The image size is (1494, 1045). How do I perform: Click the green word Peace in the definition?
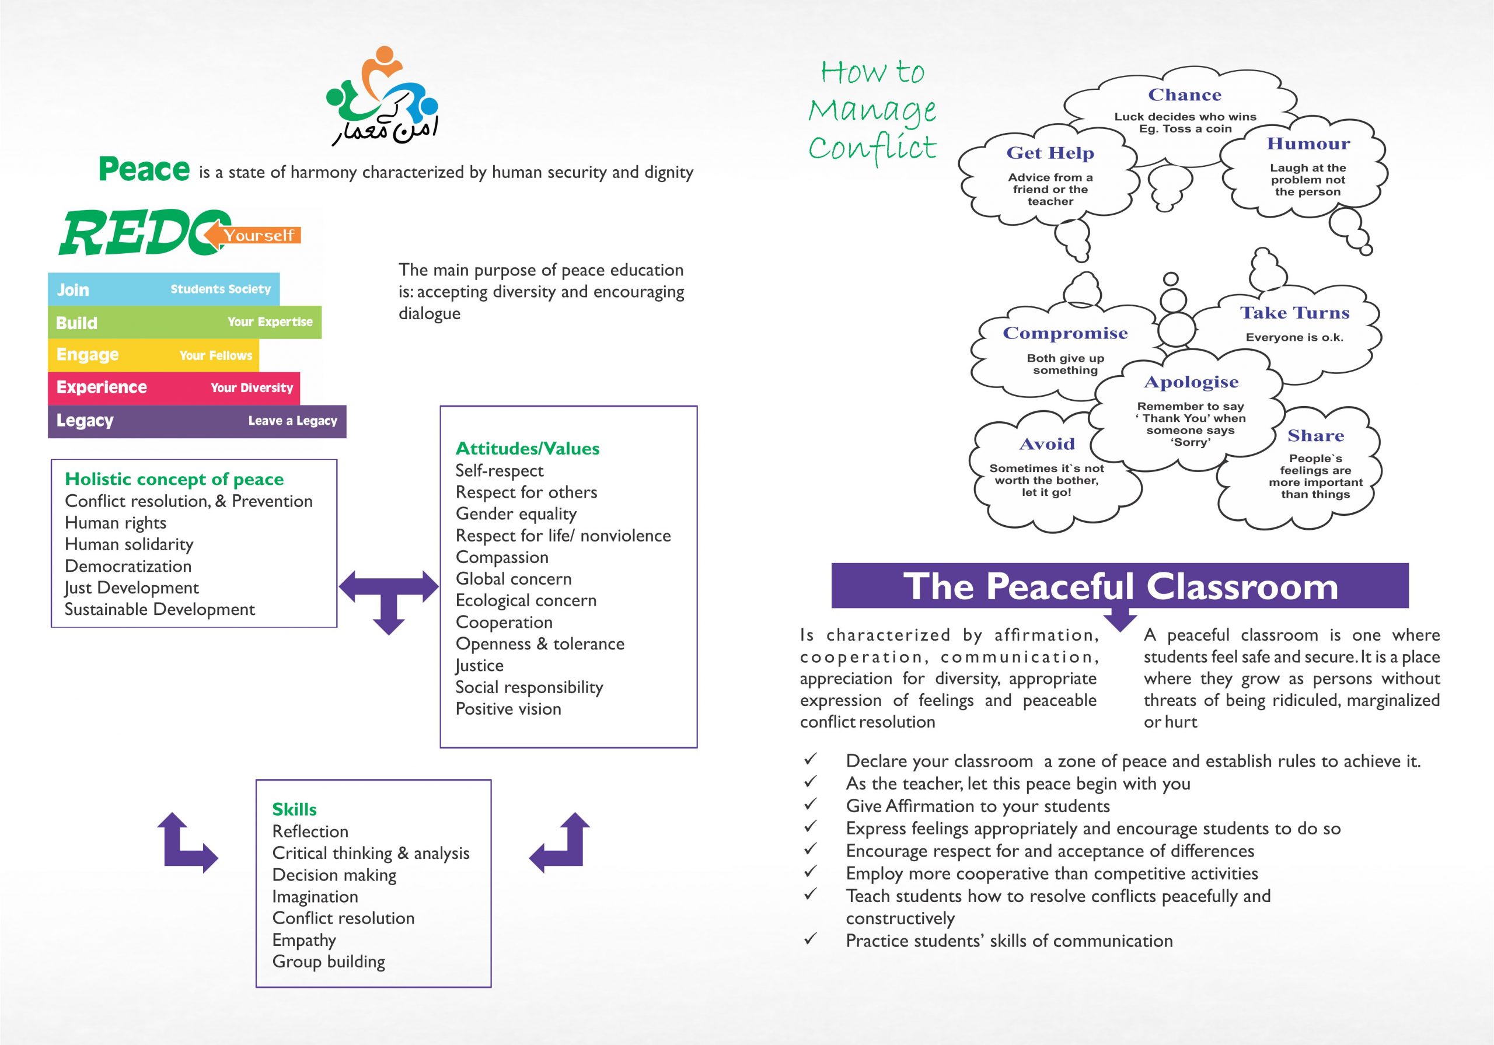tap(144, 169)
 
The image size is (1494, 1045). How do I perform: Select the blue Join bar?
tap(164, 289)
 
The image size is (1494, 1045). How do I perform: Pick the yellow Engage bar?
tap(153, 355)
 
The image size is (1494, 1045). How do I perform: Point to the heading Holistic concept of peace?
tap(174, 480)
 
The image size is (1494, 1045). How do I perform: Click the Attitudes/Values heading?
tap(528, 448)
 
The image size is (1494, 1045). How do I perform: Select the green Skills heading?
tap(294, 809)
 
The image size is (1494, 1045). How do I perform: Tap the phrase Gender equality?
tap(516, 514)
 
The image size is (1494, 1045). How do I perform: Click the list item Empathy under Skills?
tap(305, 940)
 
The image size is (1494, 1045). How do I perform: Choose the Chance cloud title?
tap(1185, 95)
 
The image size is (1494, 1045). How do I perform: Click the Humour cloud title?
tap(1308, 144)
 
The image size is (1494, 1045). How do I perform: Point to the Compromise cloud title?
tap(1065, 333)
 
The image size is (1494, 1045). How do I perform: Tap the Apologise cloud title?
tap(1192, 382)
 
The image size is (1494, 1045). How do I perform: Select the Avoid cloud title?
tap(1047, 444)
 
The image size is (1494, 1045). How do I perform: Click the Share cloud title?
tap(1315, 435)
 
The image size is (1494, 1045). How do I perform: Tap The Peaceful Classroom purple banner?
tap(1120, 586)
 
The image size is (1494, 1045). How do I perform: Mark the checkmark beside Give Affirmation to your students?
tap(810, 804)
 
